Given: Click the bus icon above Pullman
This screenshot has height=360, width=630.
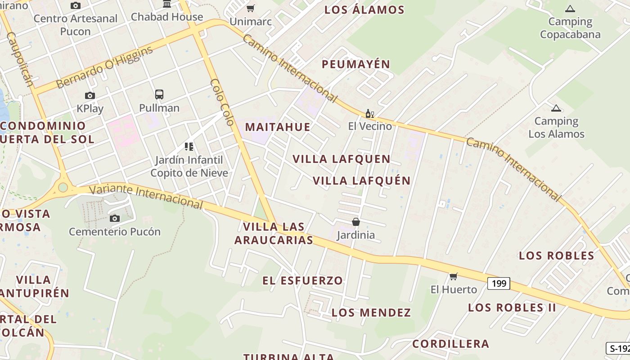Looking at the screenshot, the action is tap(159, 94).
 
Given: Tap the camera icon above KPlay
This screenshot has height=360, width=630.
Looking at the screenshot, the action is tap(90, 95).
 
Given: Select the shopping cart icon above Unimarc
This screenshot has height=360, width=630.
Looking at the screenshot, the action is tap(251, 8).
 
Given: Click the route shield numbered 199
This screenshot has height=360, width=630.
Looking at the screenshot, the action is tap(499, 283).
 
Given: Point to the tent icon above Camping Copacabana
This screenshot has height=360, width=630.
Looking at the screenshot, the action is tap(570, 8).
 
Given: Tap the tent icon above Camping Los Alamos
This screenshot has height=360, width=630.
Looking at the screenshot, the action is tap(556, 108).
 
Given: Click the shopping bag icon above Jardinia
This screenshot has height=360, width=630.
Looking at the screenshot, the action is tap(356, 222).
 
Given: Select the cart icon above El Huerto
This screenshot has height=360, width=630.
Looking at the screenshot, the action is tap(454, 276).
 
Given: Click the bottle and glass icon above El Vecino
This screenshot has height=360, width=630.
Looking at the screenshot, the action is tap(370, 113).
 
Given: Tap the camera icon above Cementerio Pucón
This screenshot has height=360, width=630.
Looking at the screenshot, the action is tap(115, 218).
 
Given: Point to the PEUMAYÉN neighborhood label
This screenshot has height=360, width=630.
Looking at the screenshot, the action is tap(355, 64).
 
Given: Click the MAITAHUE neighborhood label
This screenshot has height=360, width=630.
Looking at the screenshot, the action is tap(278, 127).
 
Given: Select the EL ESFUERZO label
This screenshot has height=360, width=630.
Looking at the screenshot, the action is tap(303, 281).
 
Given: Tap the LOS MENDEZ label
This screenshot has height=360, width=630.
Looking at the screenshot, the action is tap(371, 313).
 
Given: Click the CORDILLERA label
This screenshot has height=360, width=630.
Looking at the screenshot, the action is tap(451, 344).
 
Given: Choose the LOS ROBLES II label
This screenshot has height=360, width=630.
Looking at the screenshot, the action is tap(512, 308).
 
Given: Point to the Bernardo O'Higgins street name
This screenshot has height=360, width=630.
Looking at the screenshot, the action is tap(104, 67).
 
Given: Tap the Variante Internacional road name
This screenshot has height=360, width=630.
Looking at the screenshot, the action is tap(146, 196).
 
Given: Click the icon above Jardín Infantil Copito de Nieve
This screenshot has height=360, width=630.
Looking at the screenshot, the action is tap(189, 147).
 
